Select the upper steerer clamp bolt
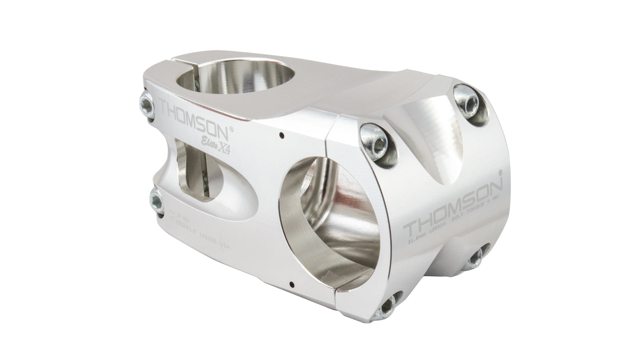pyautogui.click(x=147, y=105)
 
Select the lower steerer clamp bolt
pyautogui.click(x=156, y=202)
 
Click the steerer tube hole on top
pyautogui.click(x=238, y=78)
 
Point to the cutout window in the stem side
pyautogui.click(x=197, y=170)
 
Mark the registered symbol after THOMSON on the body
pyautogui.click(x=231, y=129)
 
